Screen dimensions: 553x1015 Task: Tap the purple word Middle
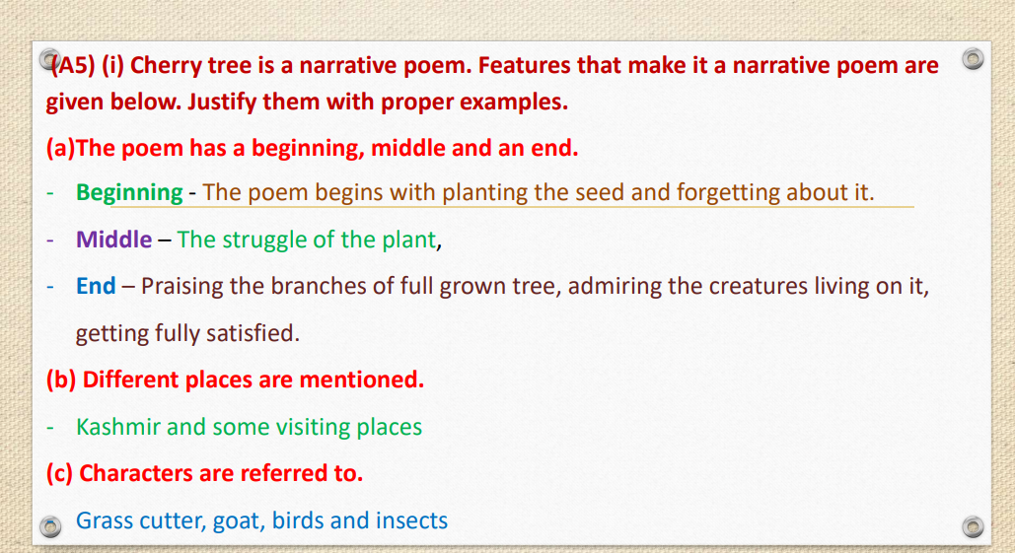[x=113, y=239]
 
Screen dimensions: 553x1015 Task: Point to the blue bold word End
[x=96, y=286]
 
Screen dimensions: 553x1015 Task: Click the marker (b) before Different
[x=61, y=380]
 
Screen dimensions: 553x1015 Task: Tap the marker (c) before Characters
[x=60, y=473]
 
